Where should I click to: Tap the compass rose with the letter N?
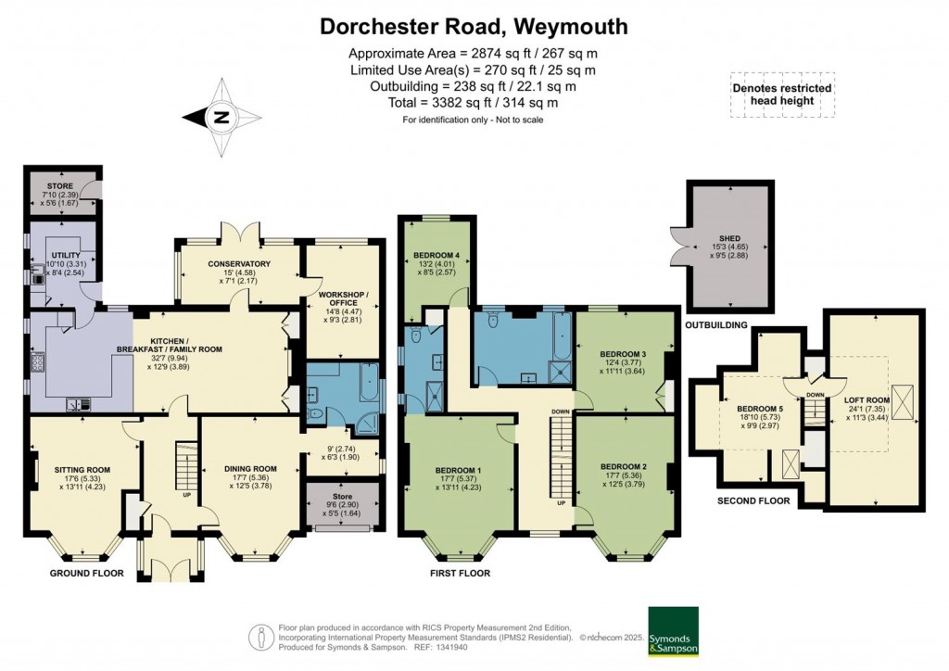click(x=221, y=118)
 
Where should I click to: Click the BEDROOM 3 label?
click(x=623, y=354)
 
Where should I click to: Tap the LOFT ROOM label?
click(x=866, y=399)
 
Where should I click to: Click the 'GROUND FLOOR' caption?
click(x=86, y=573)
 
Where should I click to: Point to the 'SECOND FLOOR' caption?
click(x=753, y=500)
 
